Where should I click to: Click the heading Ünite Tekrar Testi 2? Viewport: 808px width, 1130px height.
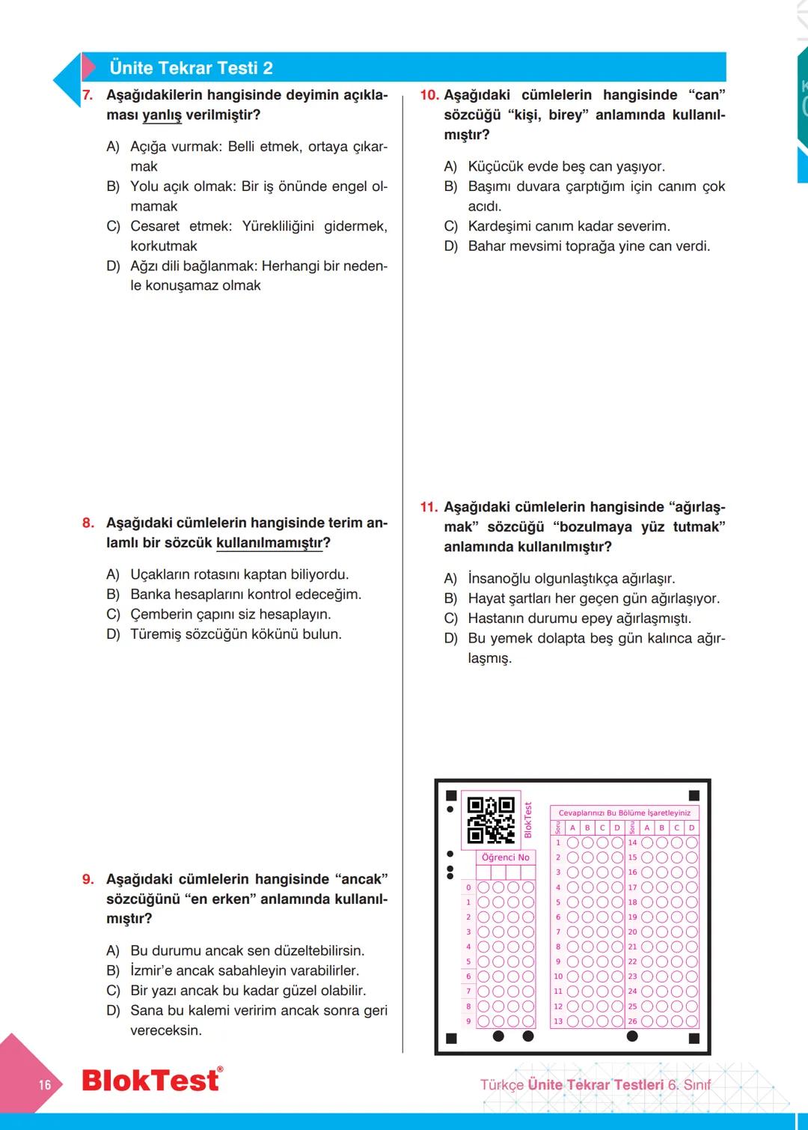coord(191,68)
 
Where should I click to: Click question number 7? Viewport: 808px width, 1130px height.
coord(88,95)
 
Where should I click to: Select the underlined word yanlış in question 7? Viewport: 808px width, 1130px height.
coord(162,115)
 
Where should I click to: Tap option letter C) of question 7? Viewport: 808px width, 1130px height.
coord(113,226)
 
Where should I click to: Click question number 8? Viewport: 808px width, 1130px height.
coord(88,523)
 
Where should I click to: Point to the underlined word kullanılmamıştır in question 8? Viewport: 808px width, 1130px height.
coord(269,543)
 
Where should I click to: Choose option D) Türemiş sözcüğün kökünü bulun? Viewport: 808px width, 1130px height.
coord(235,634)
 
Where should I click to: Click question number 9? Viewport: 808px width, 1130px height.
coord(88,879)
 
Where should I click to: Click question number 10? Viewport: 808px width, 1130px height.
coord(429,95)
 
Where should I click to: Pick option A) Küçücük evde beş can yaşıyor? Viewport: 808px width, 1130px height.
coord(566,166)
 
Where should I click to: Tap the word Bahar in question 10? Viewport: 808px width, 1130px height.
coord(486,246)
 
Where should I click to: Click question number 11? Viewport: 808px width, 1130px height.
coord(429,507)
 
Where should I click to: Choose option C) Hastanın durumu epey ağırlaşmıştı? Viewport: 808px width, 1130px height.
coord(578,619)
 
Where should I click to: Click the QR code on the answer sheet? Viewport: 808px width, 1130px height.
coord(491,820)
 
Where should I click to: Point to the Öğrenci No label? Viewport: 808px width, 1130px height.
coord(506,857)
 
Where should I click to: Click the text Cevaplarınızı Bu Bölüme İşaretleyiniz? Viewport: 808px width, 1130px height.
coord(625,812)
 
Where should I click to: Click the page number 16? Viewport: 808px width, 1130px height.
coord(45,1084)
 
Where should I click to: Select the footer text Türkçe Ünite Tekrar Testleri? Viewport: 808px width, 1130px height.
coord(572,1084)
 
